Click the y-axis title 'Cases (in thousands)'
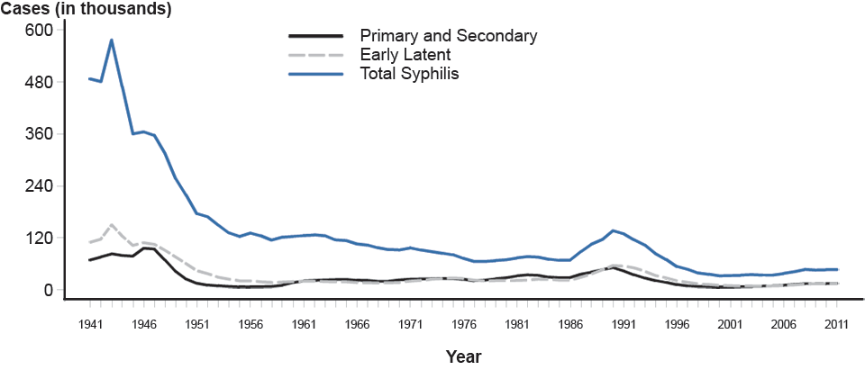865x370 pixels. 86,10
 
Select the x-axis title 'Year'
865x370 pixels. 464,356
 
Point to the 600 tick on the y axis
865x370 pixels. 42,30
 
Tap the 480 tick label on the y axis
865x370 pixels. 42,82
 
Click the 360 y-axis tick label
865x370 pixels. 42,134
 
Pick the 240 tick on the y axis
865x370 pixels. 42,186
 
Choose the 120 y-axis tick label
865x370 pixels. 42,239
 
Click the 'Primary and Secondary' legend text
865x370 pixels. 448,36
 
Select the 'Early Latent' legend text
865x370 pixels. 410,55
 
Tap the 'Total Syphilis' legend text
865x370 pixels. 410,74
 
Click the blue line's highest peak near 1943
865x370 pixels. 111,40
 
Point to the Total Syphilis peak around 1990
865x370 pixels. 614,230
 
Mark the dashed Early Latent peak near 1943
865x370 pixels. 111,224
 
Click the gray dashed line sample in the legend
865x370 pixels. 315,55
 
